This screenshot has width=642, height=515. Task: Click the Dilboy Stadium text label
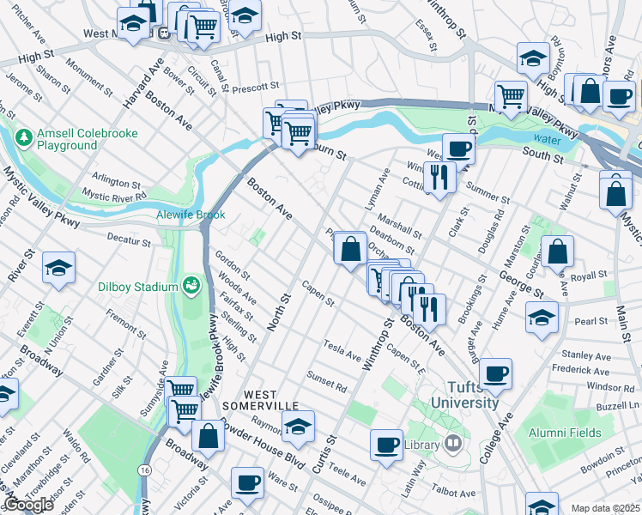[x=133, y=284]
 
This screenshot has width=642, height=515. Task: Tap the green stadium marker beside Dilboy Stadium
[x=191, y=285]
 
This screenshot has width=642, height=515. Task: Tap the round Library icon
[x=453, y=444]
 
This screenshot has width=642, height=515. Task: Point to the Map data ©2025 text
[x=605, y=508]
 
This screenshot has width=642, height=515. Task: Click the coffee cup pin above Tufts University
[x=496, y=373]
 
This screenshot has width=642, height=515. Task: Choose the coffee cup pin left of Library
[x=386, y=444]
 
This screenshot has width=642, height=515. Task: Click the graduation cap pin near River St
[x=58, y=266]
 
